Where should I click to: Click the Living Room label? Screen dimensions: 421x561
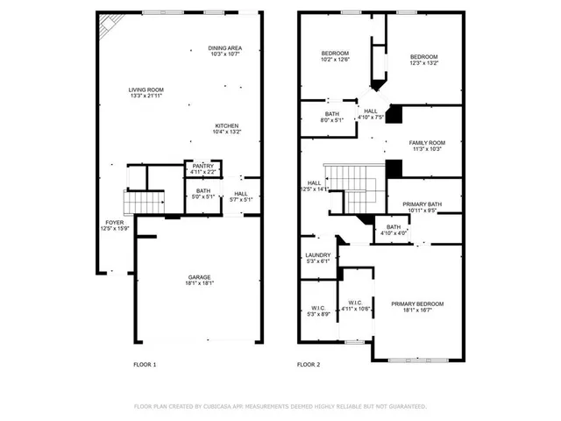146,89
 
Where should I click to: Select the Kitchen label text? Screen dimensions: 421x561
227,125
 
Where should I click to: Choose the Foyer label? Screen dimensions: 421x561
115,223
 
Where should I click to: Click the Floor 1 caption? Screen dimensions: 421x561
144,364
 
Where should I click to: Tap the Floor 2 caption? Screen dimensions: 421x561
309,364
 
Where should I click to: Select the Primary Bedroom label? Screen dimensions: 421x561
417,303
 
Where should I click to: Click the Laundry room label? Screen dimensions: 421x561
317,255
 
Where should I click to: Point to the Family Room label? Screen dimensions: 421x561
427,142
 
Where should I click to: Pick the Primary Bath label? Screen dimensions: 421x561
422,203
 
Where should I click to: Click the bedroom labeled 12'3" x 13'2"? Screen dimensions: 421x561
423,56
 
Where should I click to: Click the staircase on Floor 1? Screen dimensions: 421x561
143,204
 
